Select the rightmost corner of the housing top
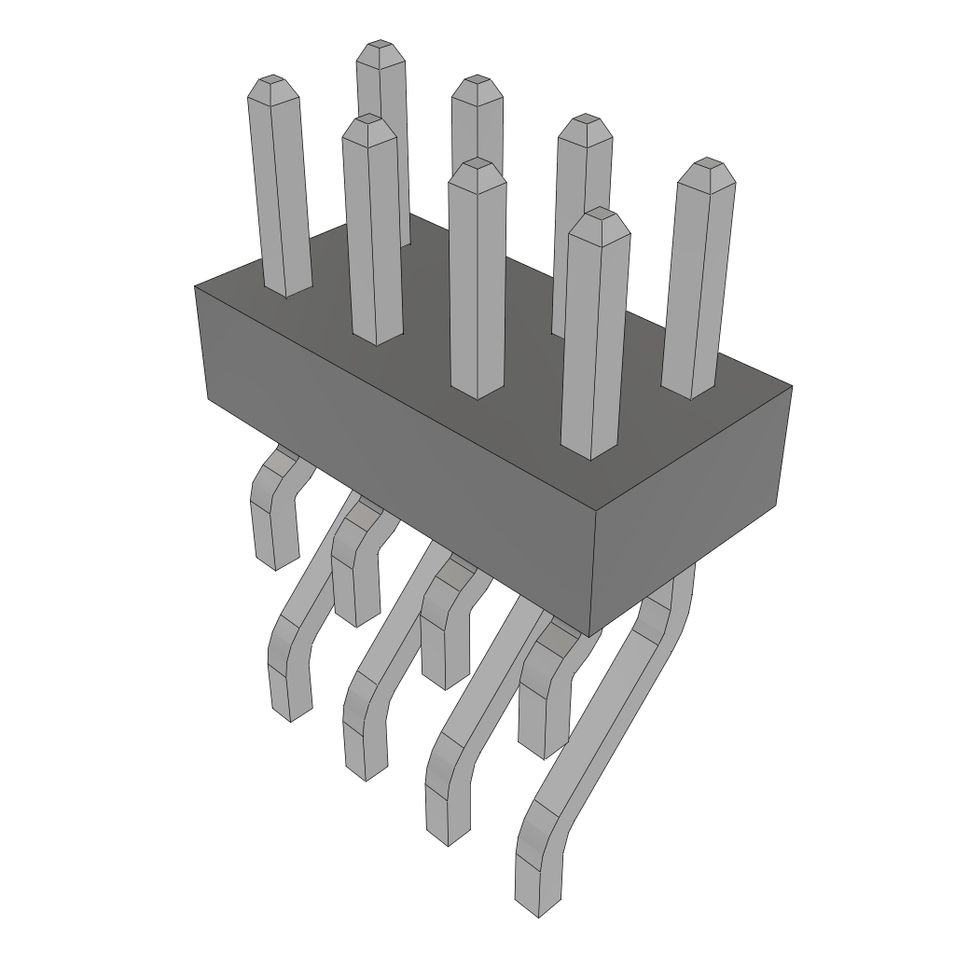point(791,385)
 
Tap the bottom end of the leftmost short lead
point(277,560)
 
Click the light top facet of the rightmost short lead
point(558,639)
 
